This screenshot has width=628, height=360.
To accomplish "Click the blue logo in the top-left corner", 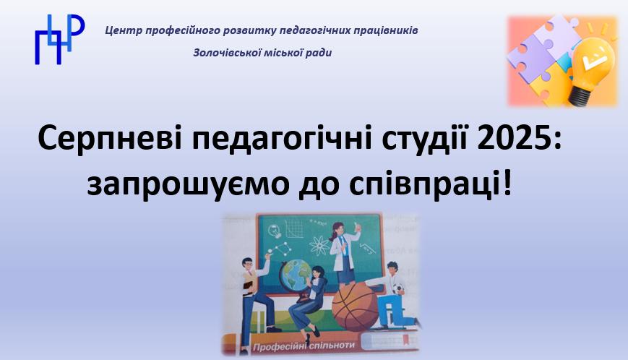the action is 60,39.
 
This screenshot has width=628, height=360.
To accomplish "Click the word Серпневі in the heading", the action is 106,138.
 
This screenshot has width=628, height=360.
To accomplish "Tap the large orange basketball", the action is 356,306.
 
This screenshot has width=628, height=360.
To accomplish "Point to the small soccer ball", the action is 397,289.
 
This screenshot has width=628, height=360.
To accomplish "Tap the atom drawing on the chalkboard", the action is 319,245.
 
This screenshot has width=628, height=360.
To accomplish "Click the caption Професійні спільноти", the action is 304,346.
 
